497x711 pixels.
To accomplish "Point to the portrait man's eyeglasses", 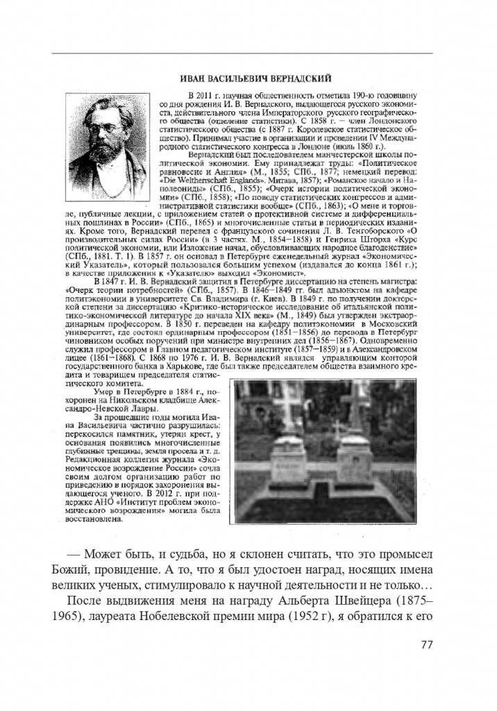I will [x=105, y=119].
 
